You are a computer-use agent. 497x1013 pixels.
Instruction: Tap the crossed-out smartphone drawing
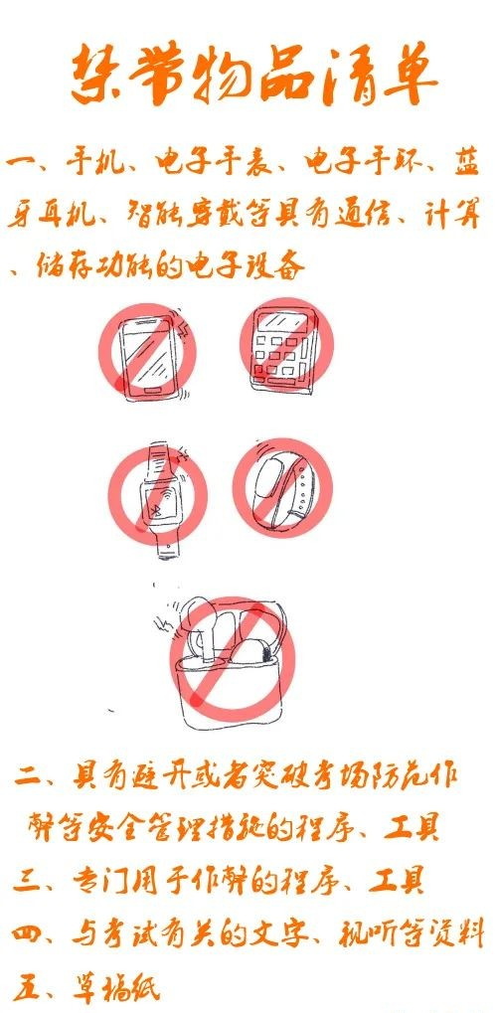click(147, 355)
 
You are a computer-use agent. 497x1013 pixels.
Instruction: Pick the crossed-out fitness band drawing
click(282, 486)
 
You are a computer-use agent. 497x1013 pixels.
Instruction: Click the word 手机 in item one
click(90, 161)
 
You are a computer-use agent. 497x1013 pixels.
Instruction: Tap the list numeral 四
click(28, 935)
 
